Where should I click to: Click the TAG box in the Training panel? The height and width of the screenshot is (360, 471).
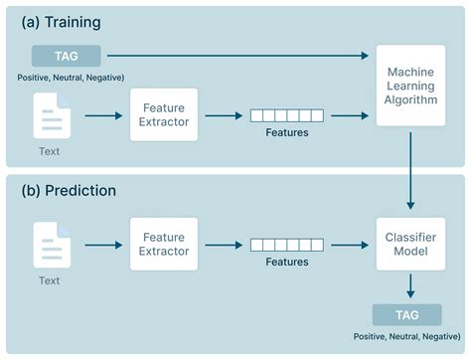67,56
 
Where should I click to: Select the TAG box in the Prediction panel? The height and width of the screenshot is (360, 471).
407,315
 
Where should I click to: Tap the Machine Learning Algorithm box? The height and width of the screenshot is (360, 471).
410,86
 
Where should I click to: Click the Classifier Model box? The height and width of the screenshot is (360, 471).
410,244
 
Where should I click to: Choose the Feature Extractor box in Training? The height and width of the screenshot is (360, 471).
164,114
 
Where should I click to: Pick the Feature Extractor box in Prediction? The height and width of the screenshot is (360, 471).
164,244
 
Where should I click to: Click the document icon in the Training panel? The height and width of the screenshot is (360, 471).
52,115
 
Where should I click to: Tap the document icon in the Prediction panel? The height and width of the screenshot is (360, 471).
52,245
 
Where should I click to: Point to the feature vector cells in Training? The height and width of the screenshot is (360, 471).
287,115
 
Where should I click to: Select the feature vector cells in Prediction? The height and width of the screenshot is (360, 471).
287,245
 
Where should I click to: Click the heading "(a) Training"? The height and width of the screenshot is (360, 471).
62,23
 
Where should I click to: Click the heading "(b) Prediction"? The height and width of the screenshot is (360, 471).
69,191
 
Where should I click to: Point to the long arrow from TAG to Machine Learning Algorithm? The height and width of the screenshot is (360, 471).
237,56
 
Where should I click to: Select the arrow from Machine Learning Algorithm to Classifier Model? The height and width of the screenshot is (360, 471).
410,171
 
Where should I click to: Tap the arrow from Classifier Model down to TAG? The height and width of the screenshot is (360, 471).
410,286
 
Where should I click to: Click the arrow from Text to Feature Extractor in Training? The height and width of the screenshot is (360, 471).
103,115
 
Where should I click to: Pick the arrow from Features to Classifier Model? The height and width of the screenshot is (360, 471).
350,245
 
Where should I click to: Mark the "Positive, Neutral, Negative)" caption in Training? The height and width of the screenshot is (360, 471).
71,78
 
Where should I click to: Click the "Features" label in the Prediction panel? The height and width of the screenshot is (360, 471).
287,262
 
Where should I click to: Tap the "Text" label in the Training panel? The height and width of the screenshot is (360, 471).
50,151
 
